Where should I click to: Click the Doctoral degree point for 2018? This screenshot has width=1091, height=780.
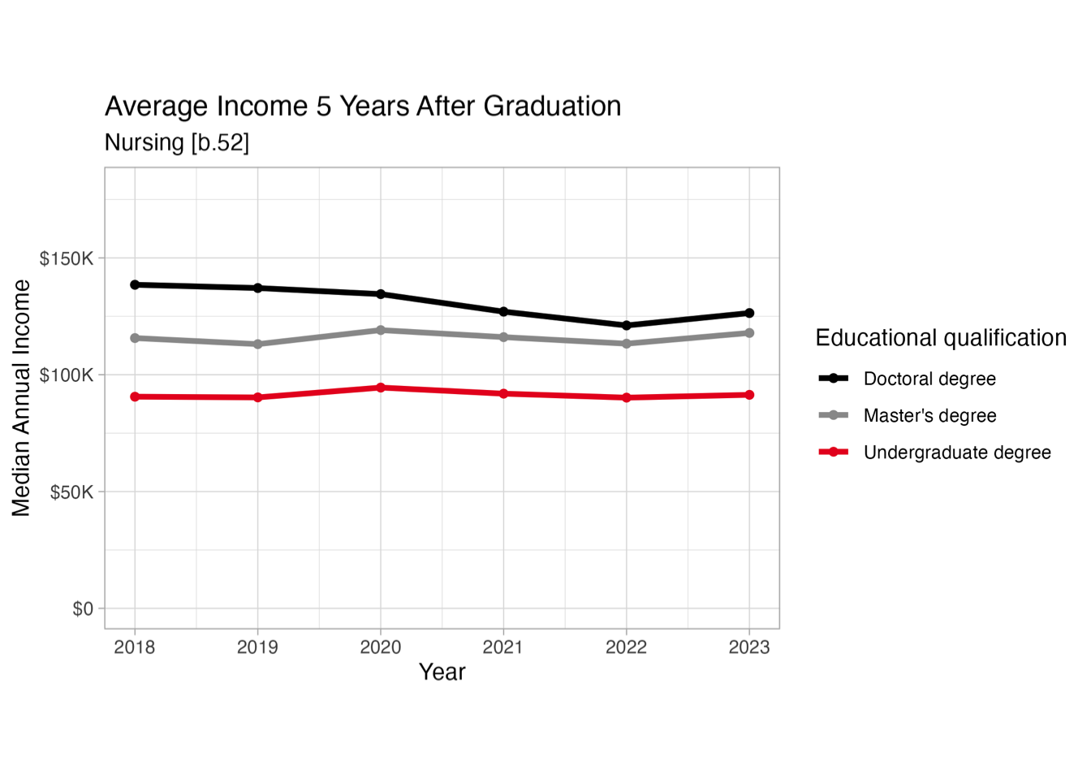click(135, 285)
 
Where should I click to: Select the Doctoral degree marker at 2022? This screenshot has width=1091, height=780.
click(626, 326)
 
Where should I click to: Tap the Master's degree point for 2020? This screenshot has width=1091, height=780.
click(381, 331)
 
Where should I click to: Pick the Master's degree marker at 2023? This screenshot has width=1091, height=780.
click(749, 333)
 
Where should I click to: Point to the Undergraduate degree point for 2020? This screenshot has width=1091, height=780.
click(381, 388)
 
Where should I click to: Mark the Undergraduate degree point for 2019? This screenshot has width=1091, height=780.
click(258, 397)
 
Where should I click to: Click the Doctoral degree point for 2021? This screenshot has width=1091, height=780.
click(503, 312)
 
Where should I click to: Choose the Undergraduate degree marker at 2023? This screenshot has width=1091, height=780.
click(749, 395)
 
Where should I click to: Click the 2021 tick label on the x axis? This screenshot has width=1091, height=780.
click(503, 648)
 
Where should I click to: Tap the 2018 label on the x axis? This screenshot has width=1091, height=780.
click(135, 648)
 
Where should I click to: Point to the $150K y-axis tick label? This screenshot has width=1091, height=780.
click(67, 259)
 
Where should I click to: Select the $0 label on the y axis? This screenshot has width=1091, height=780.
click(83, 609)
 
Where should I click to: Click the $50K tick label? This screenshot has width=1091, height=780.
click(71, 492)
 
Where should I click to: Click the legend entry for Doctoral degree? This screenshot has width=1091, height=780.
click(929, 379)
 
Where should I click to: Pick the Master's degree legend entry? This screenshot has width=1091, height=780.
click(929, 416)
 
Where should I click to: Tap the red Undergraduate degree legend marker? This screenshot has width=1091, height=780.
click(834, 452)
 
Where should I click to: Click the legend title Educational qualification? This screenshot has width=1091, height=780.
click(941, 338)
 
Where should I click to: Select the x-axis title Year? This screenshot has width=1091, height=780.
click(442, 672)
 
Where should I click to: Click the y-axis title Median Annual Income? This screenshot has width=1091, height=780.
click(21, 398)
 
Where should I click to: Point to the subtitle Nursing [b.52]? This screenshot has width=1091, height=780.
click(177, 142)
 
